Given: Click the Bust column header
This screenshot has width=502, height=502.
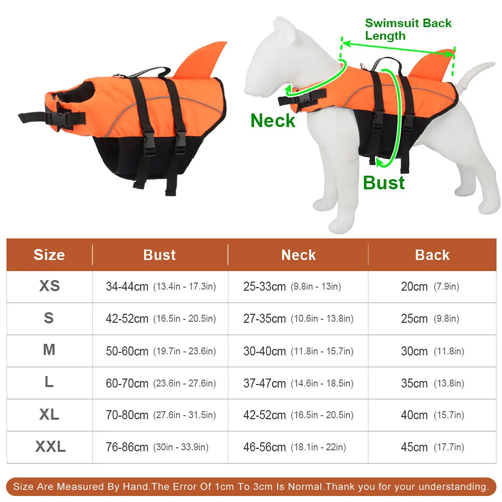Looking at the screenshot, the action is pyautogui.click(x=160, y=255).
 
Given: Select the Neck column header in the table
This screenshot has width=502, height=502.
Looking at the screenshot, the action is pyautogui.click(x=298, y=255).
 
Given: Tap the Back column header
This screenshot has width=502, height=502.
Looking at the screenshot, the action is pyautogui.click(x=432, y=255).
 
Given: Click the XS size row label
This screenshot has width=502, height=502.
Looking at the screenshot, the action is pyautogui.click(x=49, y=286).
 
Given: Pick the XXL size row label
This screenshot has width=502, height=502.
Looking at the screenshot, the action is pyautogui.click(x=50, y=446).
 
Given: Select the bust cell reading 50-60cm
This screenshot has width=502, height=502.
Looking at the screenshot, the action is pyautogui.click(x=161, y=351).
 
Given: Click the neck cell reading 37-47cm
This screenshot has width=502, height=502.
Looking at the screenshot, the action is pyautogui.click(x=298, y=383).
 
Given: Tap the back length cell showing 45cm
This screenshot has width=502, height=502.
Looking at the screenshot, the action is pyautogui.click(x=432, y=447).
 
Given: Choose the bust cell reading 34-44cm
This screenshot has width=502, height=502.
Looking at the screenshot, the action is pyautogui.click(x=161, y=286).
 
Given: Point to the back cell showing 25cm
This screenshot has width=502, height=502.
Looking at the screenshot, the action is pyautogui.click(x=430, y=318).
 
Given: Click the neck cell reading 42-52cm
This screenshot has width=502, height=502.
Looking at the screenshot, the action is pyautogui.click(x=298, y=415).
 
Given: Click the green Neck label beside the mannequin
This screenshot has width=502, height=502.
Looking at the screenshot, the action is pyautogui.click(x=273, y=120).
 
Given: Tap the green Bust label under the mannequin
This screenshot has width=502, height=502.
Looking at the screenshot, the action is pyautogui.click(x=384, y=183).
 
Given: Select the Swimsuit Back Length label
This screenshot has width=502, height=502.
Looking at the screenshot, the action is pyautogui.click(x=408, y=29).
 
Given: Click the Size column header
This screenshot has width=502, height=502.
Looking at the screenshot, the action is pyautogui.click(x=49, y=255).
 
